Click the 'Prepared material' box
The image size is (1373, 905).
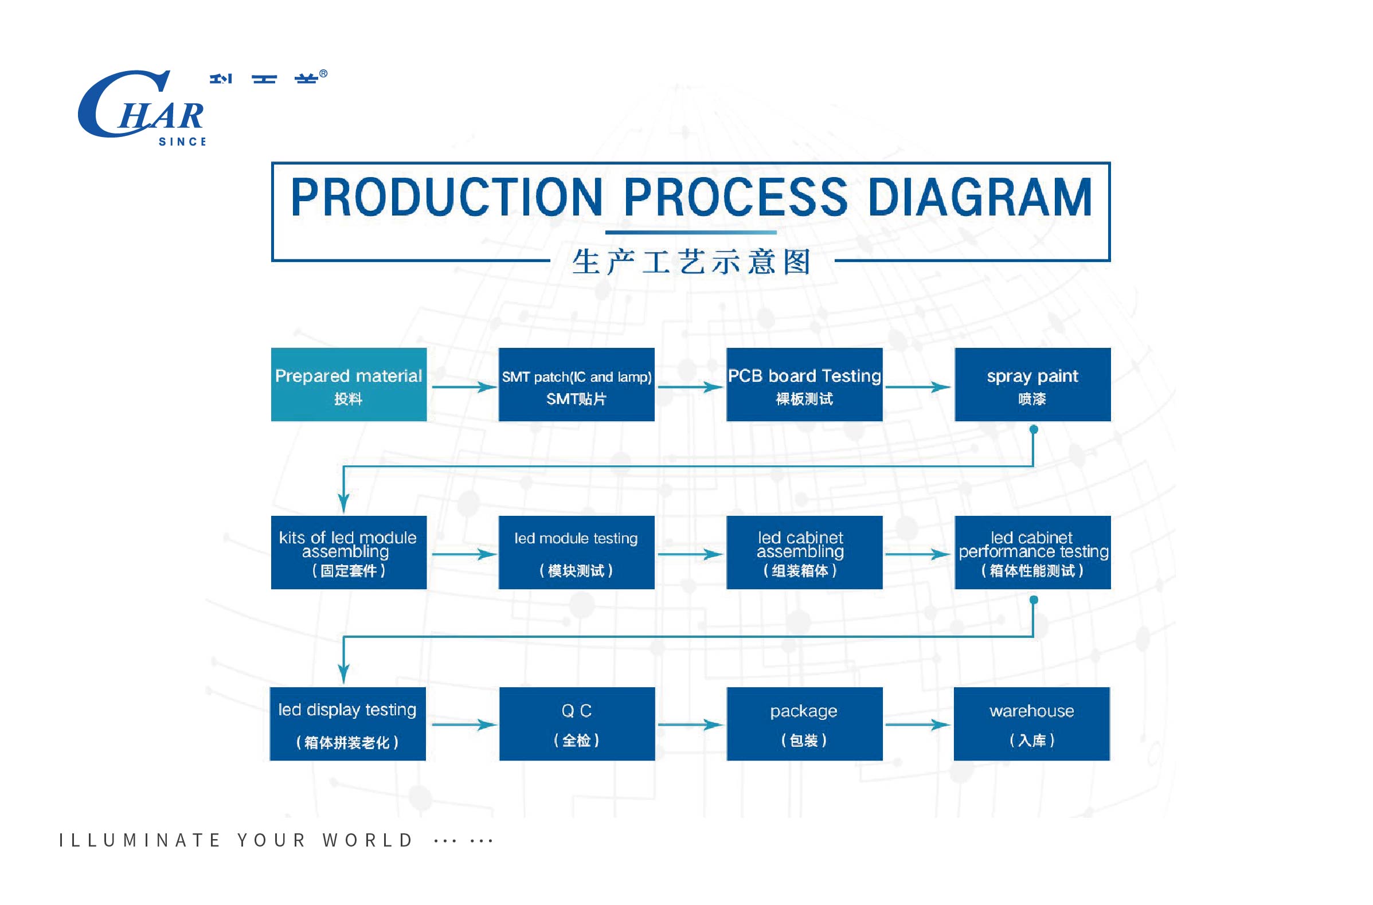[x=349, y=385]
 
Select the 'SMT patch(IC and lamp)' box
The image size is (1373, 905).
[x=576, y=385]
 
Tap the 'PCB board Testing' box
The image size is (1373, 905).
[x=804, y=385]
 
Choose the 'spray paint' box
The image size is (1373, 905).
[x=1032, y=385]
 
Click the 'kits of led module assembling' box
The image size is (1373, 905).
[x=349, y=553]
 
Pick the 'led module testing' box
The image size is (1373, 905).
[x=576, y=553]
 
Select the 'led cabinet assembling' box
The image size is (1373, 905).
[x=804, y=553]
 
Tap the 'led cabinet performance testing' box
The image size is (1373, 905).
[x=1032, y=553]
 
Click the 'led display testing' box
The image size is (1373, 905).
[x=347, y=724]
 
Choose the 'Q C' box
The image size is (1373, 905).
[x=577, y=724]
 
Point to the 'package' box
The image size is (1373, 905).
[x=804, y=724]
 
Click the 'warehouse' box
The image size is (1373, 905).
[x=1031, y=724]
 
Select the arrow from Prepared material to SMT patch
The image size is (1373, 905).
[x=463, y=387]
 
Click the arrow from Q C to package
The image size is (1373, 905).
[x=690, y=724]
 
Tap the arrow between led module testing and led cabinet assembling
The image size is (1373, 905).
[x=690, y=554]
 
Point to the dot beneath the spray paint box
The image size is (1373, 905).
[x=1034, y=429]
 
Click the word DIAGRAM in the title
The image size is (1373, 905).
[x=979, y=197]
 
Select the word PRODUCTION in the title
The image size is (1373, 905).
[x=447, y=197]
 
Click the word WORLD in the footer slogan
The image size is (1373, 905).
[x=367, y=840]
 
